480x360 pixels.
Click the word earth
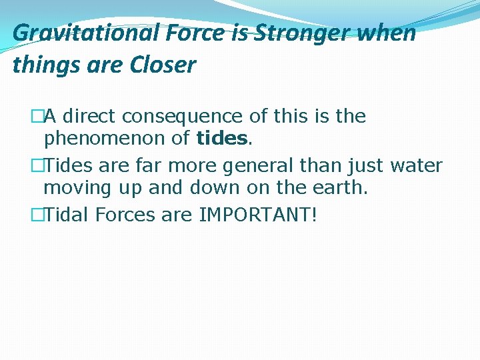[x=340, y=189]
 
